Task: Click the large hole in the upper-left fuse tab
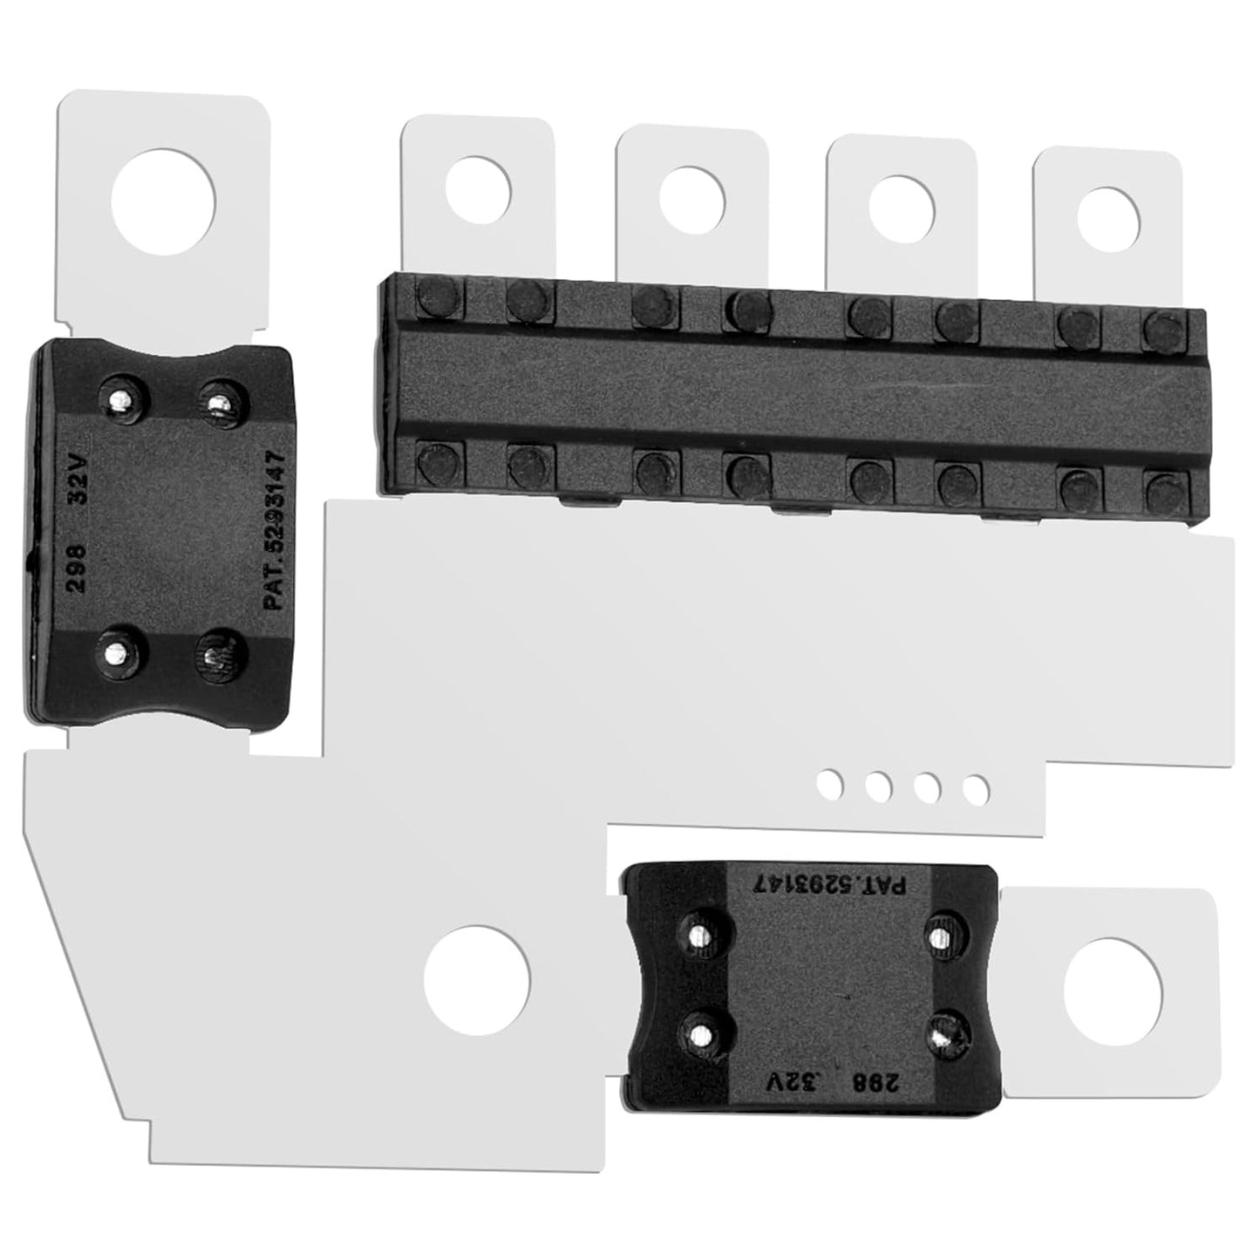[163, 201]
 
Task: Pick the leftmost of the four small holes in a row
[830, 784]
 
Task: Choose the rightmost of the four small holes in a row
[977, 789]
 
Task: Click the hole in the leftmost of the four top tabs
[478, 189]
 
